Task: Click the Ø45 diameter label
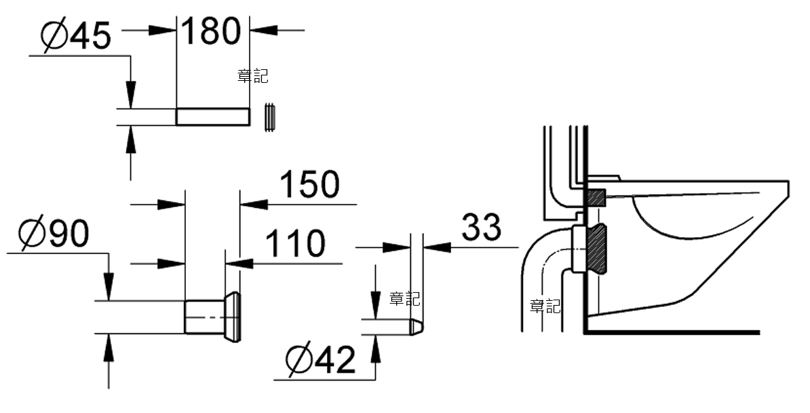(x=76, y=35)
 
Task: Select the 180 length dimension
(x=212, y=31)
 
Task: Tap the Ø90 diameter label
(x=54, y=234)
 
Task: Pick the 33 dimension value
(x=481, y=227)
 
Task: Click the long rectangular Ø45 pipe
(x=213, y=116)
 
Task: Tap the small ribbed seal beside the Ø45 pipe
(x=270, y=118)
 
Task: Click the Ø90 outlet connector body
(x=205, y=317)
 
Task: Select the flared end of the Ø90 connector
(x=233, y=317)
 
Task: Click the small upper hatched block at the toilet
(x=596, y=197)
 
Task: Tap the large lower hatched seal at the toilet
(x=597, y=249)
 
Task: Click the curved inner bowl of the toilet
(x=692, y=220)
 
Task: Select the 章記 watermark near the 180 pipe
(x=253, y=76)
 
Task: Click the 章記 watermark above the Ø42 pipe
(x=404, y=298)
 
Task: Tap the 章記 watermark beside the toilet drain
(x=545, y=306)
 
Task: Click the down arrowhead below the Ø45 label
(x=131, y=94)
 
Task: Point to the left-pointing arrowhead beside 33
(x=437, y=247)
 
